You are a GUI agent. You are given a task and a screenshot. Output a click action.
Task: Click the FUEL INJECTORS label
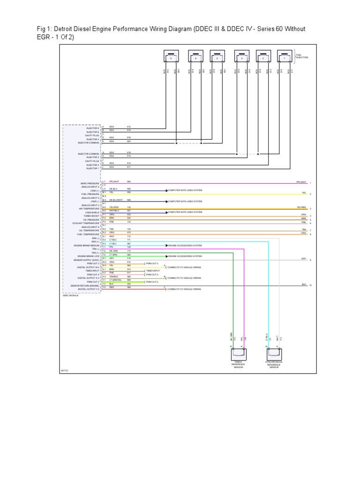click(x=302, y=57)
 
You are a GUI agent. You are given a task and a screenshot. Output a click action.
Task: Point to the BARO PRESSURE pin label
click(x=90, y=183)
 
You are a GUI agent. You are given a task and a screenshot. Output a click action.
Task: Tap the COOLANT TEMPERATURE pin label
click(x=88, y=223)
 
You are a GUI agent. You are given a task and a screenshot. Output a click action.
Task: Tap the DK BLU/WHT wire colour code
click(x=115, y=200)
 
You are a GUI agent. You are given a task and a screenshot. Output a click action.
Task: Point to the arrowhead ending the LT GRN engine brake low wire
click(x=165, y=256)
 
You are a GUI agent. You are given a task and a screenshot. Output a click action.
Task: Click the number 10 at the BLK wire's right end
click(x=310, y=285)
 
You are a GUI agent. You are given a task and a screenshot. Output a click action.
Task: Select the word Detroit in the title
click(x=67, y=29)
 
